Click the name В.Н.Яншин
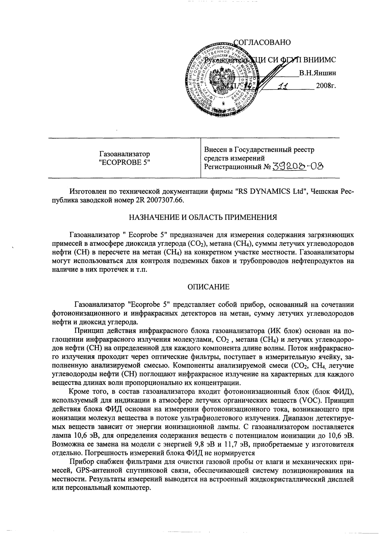pos(317,73)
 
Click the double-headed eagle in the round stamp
pos(223,80)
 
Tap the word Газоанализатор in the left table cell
pos(125,154)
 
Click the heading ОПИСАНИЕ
pos(208,287)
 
